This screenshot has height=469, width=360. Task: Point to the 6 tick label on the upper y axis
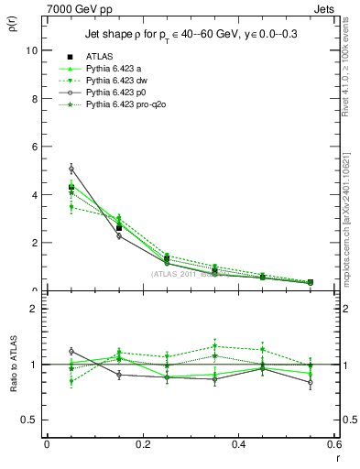[34, 147]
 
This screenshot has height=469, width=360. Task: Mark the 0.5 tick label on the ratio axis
[29, 420]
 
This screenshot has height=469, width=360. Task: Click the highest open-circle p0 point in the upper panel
[46, 169]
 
